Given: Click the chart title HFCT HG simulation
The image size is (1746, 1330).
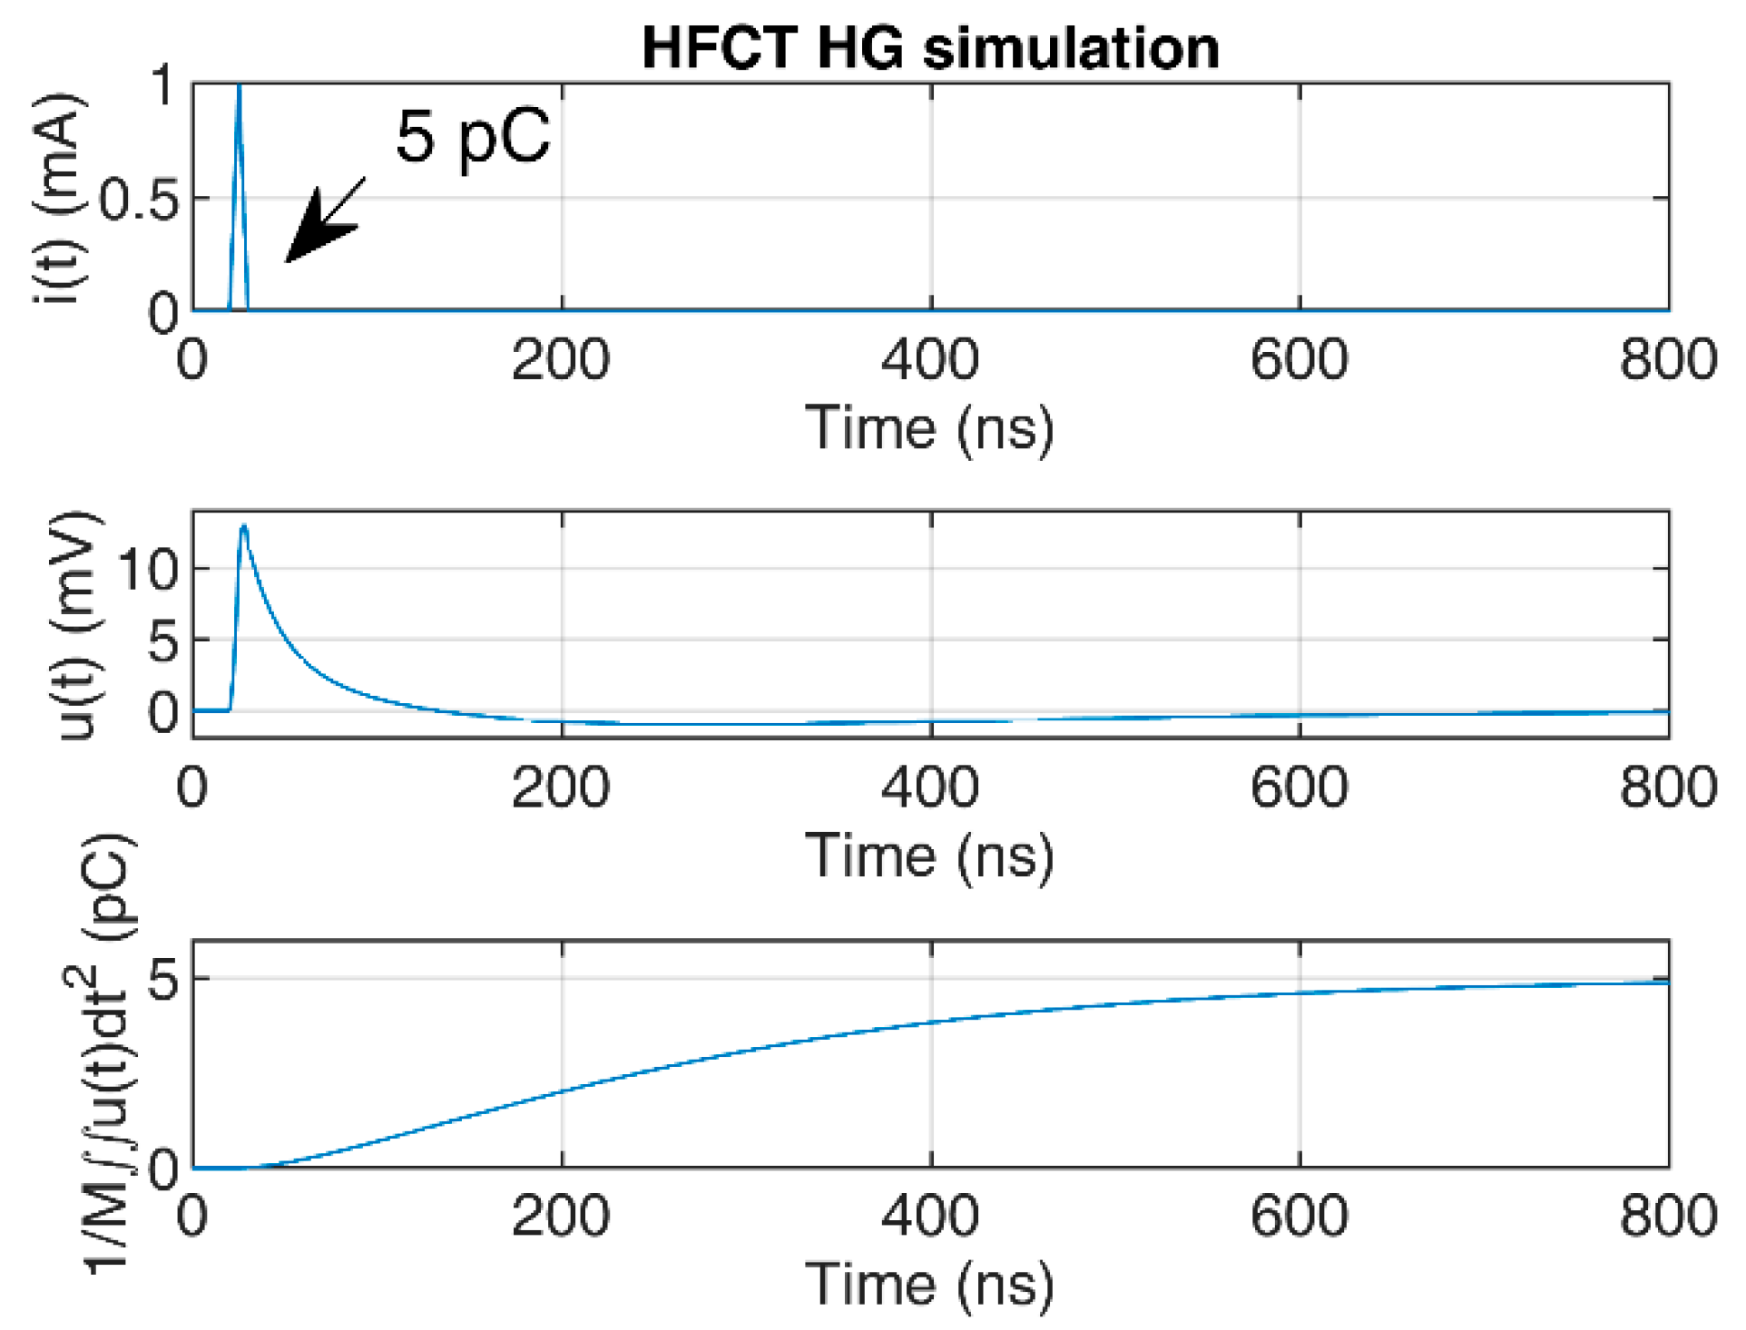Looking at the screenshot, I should coord(930,47).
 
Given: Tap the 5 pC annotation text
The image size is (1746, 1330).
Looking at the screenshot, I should coord(473,137).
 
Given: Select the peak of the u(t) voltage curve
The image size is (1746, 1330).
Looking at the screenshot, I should coord(243,526).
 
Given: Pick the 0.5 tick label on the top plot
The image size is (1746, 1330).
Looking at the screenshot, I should coord(139,200).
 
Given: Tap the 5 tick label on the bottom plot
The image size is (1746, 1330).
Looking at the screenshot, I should coord(164,979).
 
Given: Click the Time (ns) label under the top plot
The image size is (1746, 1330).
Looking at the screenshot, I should coord(930,427).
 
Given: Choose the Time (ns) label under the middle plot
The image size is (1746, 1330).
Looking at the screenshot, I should coord(930,856).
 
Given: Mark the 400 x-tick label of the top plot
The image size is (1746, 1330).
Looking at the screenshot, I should coord(930,359).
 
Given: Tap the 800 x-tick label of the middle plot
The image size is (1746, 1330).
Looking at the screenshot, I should coord(1668,787).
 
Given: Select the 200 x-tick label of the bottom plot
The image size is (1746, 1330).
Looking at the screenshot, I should coord(561,1216).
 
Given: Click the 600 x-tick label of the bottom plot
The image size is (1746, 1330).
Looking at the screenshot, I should coord(1300,1216).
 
